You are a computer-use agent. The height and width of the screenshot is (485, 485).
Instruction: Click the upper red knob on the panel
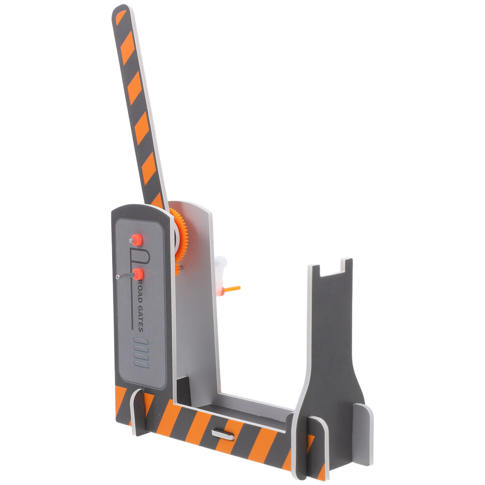136,240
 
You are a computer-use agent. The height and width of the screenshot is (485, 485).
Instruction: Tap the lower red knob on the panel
138,274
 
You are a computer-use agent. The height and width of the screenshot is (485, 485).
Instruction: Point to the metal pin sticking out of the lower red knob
125,276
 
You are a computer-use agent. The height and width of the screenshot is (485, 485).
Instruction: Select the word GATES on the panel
141,319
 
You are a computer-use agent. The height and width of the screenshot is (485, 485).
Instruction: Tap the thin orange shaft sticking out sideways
232,289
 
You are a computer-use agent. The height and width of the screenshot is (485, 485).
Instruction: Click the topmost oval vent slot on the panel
141,341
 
